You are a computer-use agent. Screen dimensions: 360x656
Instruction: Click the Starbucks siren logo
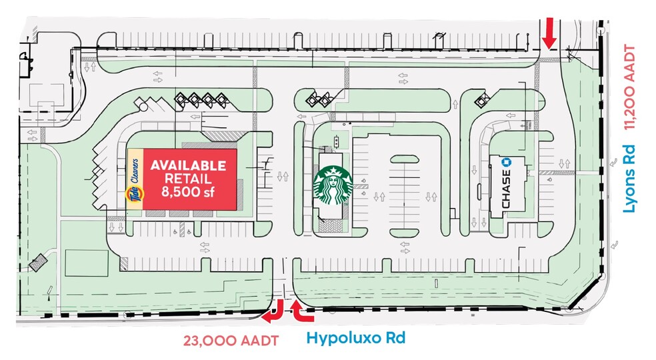332,186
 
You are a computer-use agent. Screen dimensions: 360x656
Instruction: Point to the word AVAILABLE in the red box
188,166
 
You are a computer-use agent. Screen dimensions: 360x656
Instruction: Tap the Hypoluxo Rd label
355,338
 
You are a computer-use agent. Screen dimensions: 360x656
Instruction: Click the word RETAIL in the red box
188,179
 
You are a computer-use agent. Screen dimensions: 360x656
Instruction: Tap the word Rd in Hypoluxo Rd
394,338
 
